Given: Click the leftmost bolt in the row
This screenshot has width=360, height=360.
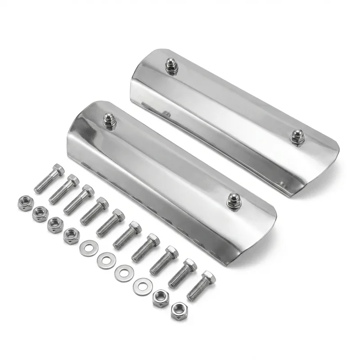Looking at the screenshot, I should [x=49, y=179].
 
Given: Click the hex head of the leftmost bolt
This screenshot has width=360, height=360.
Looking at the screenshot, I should [x=58, y=170].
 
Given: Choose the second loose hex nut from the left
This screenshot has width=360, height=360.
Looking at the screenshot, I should [x=40, y=214].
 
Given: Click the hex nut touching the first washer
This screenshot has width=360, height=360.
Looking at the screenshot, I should [x=71, y=235].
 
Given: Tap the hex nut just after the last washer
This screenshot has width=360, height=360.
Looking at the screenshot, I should [x=161, y=298].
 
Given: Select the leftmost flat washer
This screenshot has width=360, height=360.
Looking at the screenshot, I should [x=89, y=248].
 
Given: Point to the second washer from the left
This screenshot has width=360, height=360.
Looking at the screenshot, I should [x=106, y=260].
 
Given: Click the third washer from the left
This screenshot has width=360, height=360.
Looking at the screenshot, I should [x=124, y=273].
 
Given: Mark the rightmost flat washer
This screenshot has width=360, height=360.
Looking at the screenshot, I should [x=143, y=285].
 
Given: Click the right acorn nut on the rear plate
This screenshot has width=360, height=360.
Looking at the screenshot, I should [x=297, y=136].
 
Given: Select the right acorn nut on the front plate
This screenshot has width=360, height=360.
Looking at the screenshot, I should [x=234, y=201].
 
